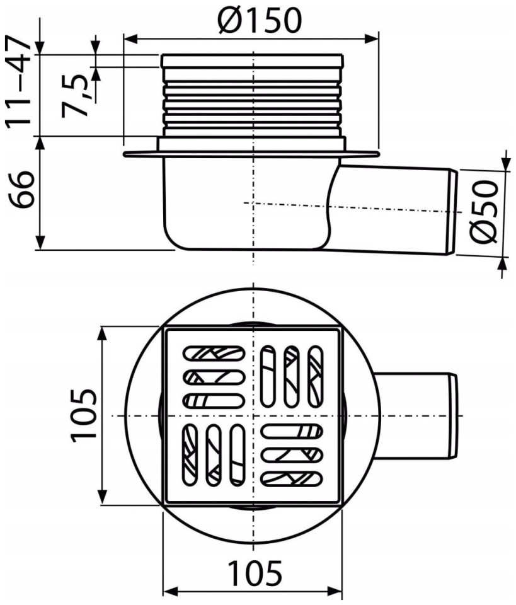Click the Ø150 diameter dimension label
point(259,20)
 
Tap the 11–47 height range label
point(18,81)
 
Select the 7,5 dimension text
point(75,95)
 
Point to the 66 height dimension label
point(22,189)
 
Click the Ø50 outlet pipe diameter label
point(485,212)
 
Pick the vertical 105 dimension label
point(83,414)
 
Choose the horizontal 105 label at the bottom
point(255,573)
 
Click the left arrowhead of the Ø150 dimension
point(131,39)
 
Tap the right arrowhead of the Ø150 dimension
point(371,39)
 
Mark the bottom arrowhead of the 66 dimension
point(40,243)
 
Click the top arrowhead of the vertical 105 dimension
point(102,334)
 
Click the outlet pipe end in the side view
point(452,212)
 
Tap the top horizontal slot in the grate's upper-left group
point(214,354)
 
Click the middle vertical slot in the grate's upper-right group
point(292,376)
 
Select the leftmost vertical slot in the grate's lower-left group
point(189,454)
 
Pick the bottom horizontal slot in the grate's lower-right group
point(292,478)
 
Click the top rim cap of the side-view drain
point(252,61)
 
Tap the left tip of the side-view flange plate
point(123,154)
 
